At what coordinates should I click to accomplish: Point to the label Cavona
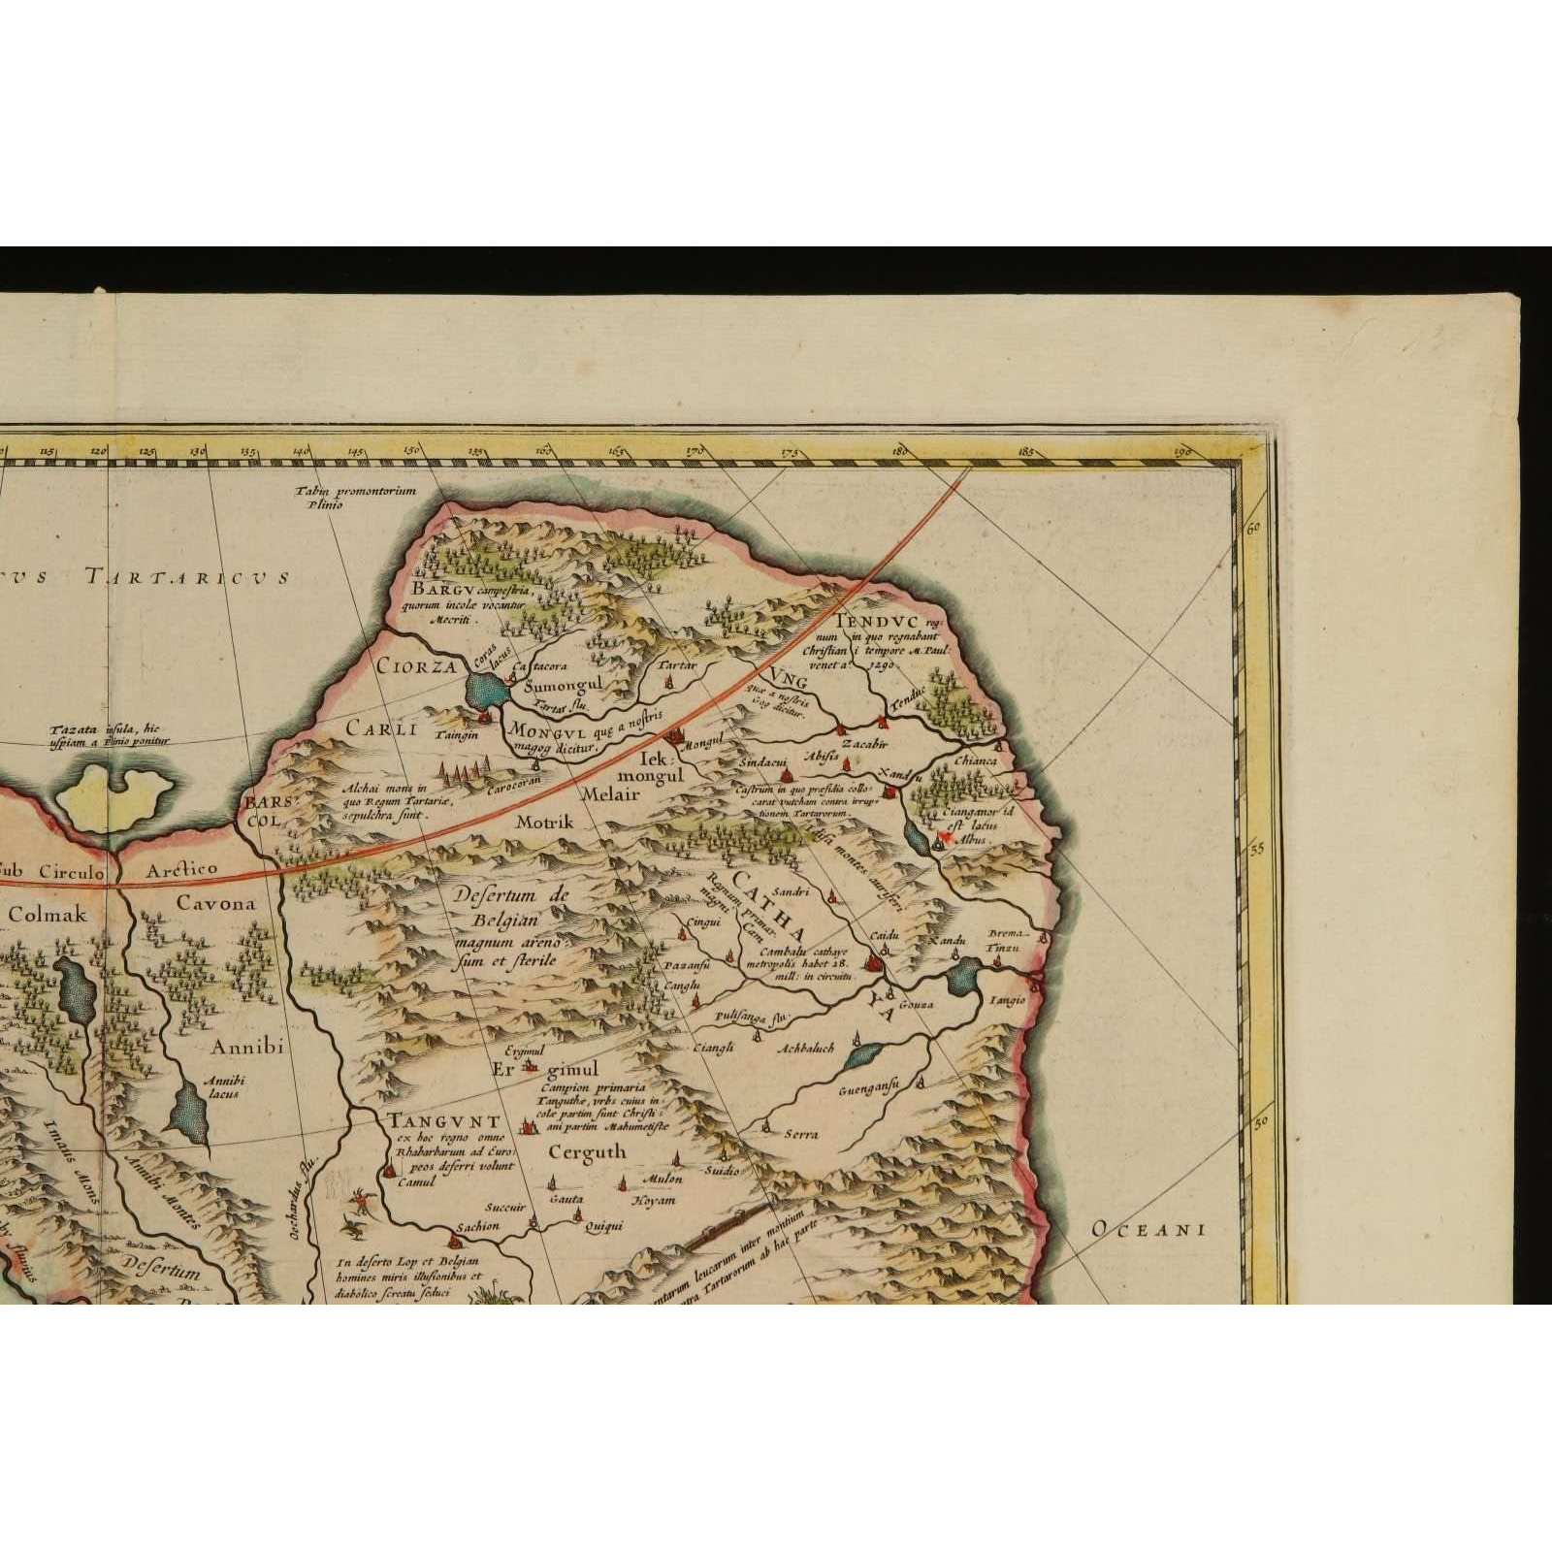(x=216, y=903)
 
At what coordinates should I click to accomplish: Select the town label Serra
(x=801, y=1134)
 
